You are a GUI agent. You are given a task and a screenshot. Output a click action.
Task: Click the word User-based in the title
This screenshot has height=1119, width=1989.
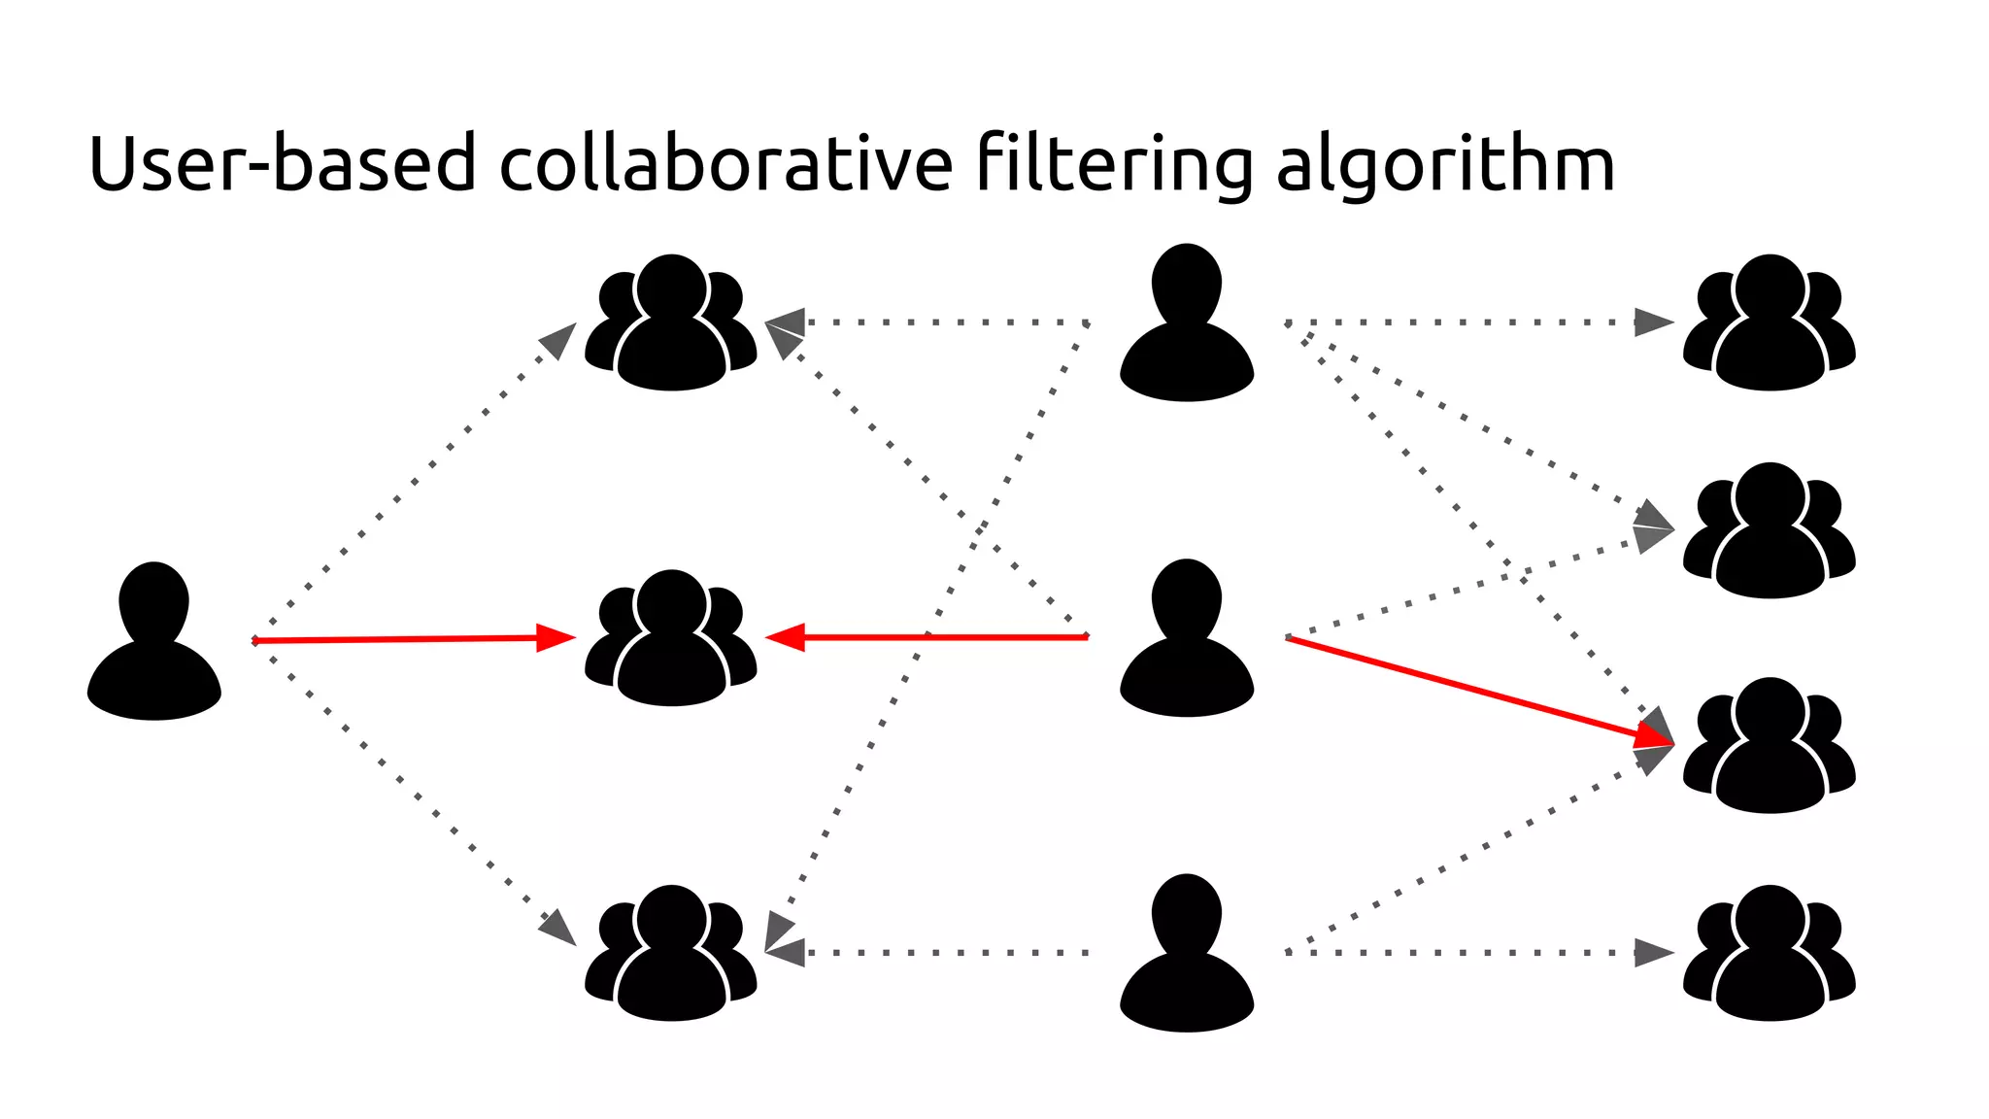tap(282, 163)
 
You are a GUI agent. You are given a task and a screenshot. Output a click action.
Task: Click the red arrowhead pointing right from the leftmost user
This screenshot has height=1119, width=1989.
tap(556, 638)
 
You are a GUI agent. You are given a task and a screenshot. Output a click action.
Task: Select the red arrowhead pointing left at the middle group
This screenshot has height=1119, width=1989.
tap(786, 638)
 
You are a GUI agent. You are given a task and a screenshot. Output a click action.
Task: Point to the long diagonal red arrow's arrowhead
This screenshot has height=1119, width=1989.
tap(1654, 738)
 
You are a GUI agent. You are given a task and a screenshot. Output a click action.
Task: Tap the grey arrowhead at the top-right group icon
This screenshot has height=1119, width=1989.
tap(1653, 322)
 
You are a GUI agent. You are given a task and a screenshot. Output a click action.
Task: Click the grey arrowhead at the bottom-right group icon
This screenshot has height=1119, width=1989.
tap(1653, 953)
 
